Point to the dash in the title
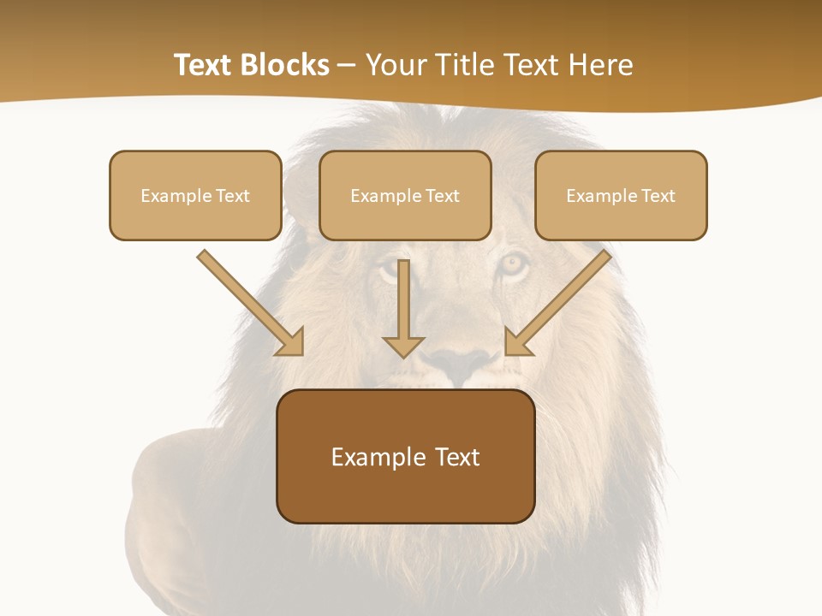[347, 66]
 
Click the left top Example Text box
[195, 195]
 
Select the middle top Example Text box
[405, 195]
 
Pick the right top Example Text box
[621, 195]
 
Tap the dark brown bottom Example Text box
[406, 456]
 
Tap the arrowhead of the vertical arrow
[403, 346]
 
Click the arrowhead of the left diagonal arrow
[291, 342]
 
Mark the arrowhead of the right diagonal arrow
[517, 342]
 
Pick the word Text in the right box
[658, 196]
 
